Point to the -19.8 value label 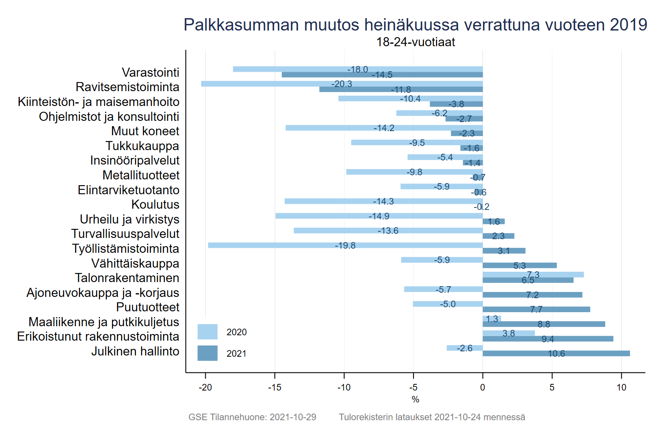coord(345,246)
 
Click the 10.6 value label coord(556,354)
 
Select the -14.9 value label coord(379,216)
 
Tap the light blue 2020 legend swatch coord(207,332)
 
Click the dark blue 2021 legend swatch coord(207,353)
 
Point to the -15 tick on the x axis coord(275,388)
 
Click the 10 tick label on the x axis coord(621,388)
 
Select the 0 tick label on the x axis coord(483,388)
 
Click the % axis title coord(415,400)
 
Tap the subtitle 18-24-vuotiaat coord(415,42)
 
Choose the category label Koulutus coord(155,205)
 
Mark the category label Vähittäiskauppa coord(135,264)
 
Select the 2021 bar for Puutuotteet coord(536,310)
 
